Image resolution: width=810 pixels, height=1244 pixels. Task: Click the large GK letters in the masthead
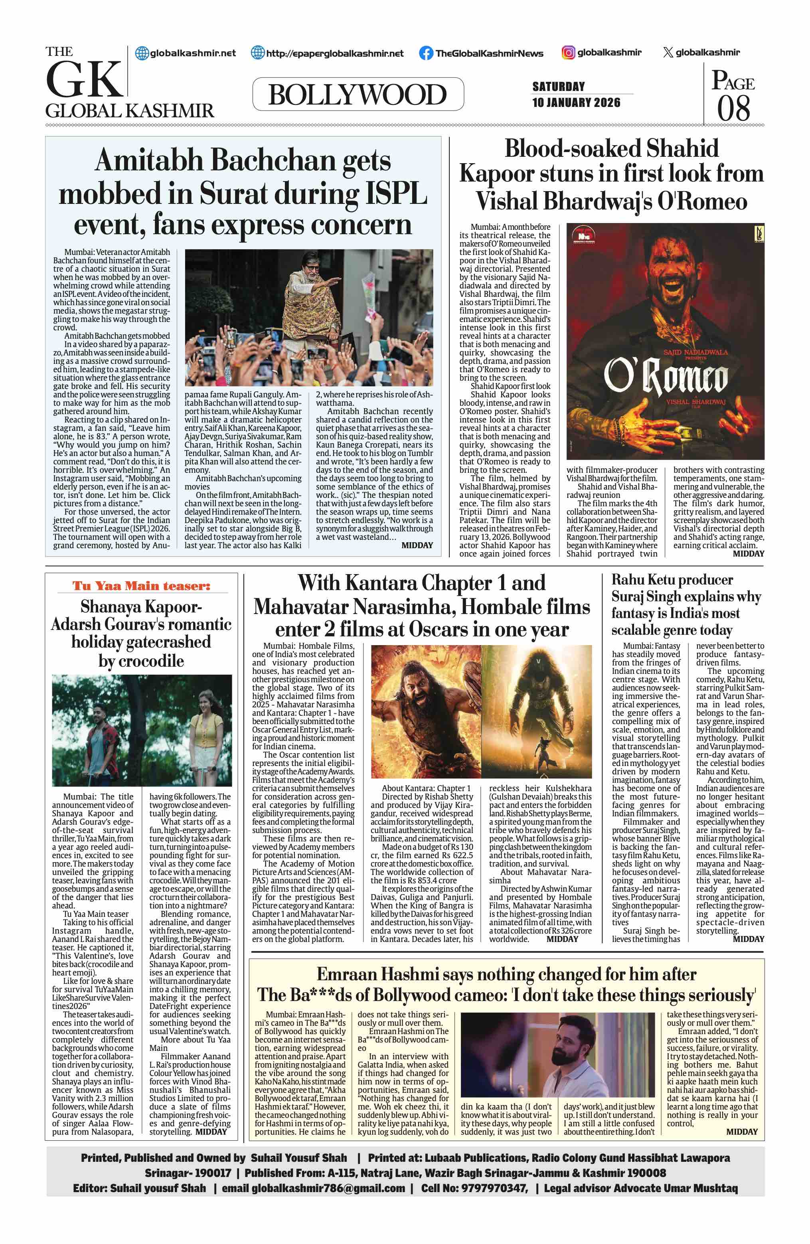pyautogui.click(x=84, y=80)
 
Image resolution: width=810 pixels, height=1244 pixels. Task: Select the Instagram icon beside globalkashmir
pyautogui.click(x=568, y=52)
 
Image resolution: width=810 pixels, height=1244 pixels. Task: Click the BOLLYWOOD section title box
pyautogui.click(x=358, y=94)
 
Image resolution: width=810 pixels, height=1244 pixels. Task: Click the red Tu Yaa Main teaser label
pyautogui.click(x=141, y=586)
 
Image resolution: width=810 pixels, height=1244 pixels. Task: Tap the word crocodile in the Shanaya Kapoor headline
pyautogui.click(x=141, y=661)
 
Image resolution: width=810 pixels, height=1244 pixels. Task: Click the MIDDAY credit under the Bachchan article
pyautogui.click(x=417, y=545)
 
